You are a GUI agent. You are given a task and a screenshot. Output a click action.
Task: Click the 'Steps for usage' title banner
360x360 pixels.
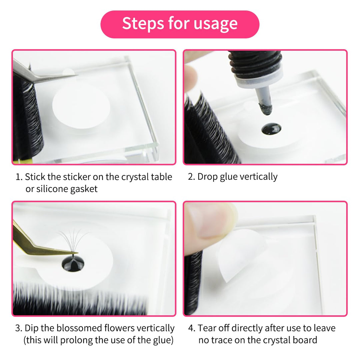[180, 24]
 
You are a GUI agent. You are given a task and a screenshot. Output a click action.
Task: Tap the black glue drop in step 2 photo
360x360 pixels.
[271, 129]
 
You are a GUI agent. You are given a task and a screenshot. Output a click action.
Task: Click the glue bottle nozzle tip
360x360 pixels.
[266, 110]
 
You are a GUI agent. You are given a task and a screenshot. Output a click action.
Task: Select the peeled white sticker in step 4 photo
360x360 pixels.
[241, 254]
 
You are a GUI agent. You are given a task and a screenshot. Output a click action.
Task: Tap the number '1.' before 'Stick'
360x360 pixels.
[19, 177]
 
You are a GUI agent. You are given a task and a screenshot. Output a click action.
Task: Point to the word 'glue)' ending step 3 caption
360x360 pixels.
[163, 340]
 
